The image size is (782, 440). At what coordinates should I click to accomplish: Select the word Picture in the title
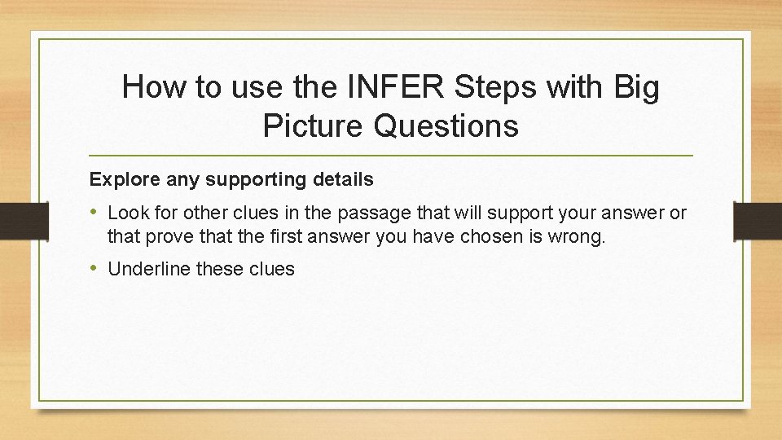pyautogui.click(x=314, y=125)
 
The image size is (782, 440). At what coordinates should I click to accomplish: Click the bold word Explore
pyautogui.click(x=119, y=178)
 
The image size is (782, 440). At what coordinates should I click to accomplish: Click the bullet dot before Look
pyautogui.click(x=94, y=213)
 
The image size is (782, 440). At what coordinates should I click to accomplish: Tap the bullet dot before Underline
pyautogui.click(x=94, y=268)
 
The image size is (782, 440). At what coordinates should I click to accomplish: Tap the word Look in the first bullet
pyautogui.click(x=125, y=213)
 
